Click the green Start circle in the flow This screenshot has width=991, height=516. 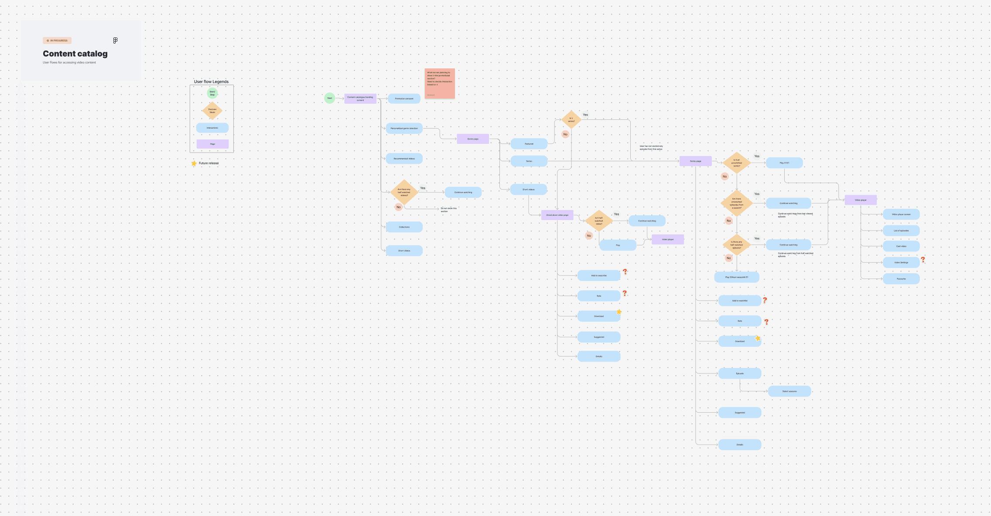pos(329,98)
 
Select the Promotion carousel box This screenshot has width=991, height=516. pos(404,98)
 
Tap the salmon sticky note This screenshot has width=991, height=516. pos(440,83)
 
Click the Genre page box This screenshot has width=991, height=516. pos(473,139)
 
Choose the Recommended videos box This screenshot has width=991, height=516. pos(404,159)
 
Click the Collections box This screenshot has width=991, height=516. pos(404,227)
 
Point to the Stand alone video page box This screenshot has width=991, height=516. pos(557,215)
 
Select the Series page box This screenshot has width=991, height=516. pos(695,161)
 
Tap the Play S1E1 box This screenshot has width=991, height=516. pos(784,163)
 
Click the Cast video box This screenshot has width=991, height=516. pos(901,246)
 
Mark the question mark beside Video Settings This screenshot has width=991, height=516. pos(923,260)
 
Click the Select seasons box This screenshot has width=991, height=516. pos(789,391)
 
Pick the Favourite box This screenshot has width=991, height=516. pos(901,279)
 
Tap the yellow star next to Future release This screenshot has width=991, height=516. pos(194,163)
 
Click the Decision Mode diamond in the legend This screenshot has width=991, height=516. pos(212,111)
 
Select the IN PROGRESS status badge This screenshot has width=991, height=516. pos(57,41)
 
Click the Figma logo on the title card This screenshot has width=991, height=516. pos(115,41)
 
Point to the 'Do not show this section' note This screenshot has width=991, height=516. pos(448,210)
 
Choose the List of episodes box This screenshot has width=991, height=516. pos(901,231)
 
